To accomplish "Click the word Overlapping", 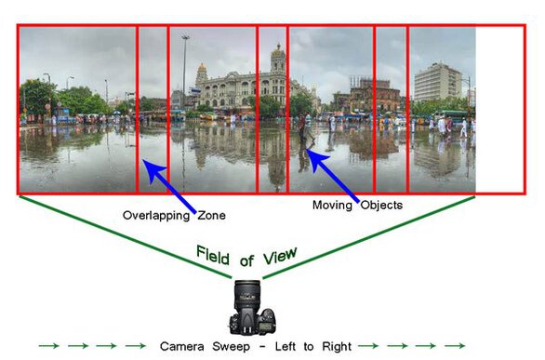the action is pos(156,216).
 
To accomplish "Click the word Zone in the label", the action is pos(212,216).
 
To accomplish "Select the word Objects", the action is pos(381,205).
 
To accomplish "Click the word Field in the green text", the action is pos(213,256).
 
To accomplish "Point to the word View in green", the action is pos(280,256).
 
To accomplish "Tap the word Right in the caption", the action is pos(337,346).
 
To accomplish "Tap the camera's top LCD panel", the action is pos(265,327).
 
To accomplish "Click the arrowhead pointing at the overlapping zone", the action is pos(152,169).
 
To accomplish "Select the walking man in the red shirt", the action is pos(302,129).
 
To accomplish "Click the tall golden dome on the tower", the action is pos(278,52).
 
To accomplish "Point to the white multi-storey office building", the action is pos(438,82).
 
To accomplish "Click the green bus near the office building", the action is pos(451,117).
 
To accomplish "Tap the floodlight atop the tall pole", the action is pos(185,37).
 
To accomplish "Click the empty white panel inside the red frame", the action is pos(499,110).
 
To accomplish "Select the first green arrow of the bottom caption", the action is pos(49,346).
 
